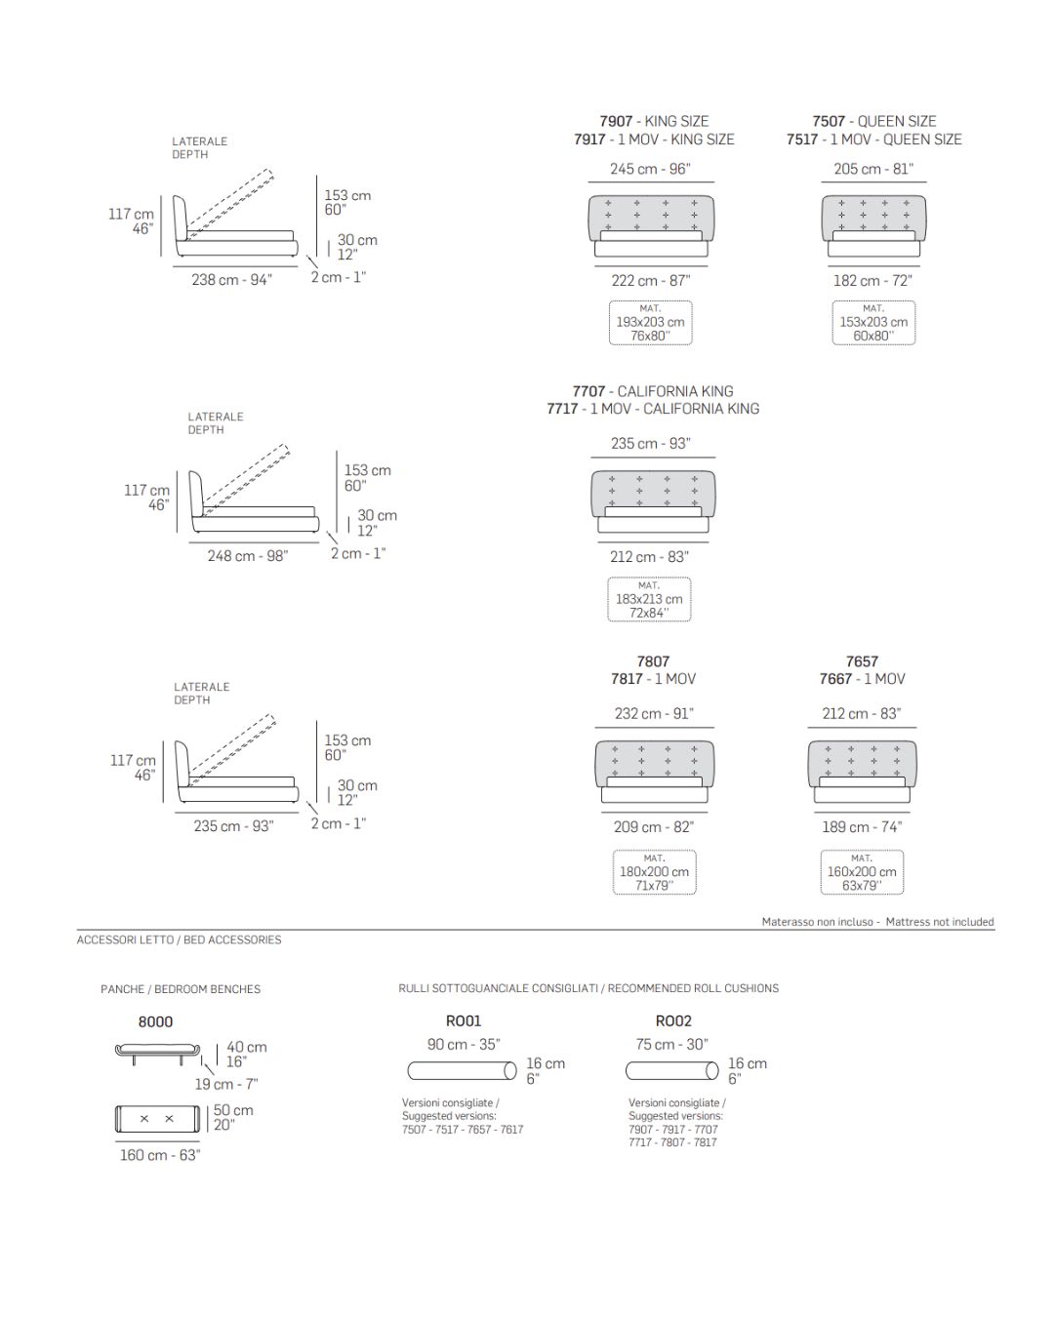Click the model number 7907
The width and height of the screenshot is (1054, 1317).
click(x=616, y=121)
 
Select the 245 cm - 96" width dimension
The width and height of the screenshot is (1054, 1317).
click(x=650, y=169)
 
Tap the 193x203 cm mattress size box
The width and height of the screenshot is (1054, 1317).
click(x=650, y=323)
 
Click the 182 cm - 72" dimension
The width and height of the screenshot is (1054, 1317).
click(x=872, y=281)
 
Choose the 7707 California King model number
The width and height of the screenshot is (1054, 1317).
click(x=589, y=391)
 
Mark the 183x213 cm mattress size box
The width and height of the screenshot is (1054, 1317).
click(x=649, y=599)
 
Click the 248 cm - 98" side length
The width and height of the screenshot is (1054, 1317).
click(x=247, y=556)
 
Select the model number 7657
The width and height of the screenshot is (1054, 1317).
click(x=862, y=661)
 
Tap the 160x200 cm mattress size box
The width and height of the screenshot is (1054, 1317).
click(x=862, y=872)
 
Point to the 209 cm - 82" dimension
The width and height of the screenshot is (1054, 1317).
click(x=654, y=827)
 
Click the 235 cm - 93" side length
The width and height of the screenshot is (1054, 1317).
click(x=233, y=826)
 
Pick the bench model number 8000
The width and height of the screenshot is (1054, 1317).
click(x=155, y=1022)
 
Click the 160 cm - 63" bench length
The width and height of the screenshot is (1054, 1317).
click(x=160, y=1155)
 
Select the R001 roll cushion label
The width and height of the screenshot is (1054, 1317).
click(x=464, y=1021)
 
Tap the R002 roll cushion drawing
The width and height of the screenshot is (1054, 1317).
click(x=671, y=1071)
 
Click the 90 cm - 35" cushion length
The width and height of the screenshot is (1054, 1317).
click(x=464, y=1045)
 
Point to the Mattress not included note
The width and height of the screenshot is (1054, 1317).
click(x=939, y=922)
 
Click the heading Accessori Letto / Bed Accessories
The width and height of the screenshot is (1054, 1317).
click(x=179, y=940)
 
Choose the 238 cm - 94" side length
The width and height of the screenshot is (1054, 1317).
click(x=231, y=280)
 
